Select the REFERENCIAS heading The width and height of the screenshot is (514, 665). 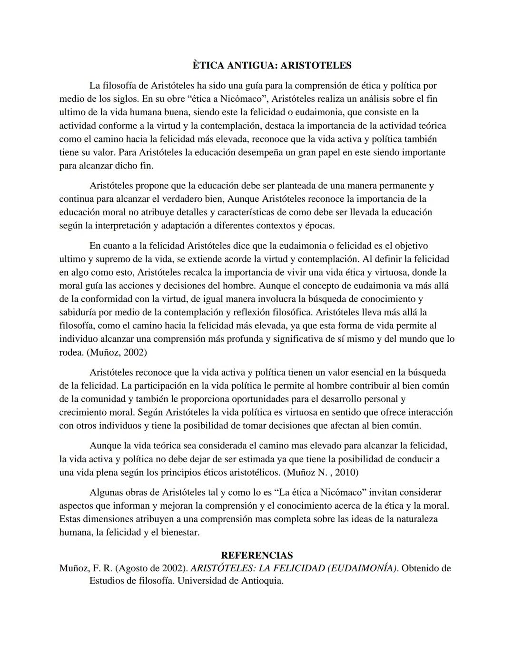point(257,555)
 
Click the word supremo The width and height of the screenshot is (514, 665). point(111,259)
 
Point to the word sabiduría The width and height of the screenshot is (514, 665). point(79,312)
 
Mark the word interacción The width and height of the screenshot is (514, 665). point(429,412)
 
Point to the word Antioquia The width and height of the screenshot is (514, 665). point(262,581)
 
